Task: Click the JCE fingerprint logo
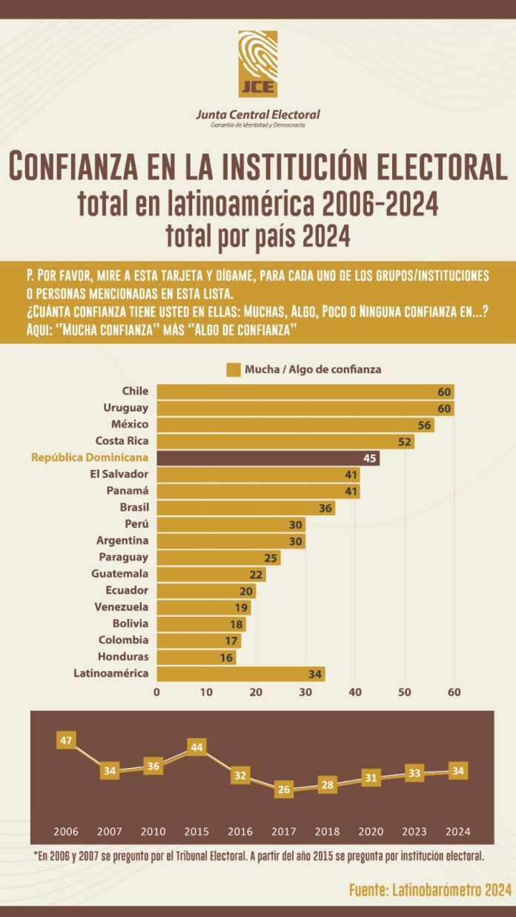pyautogui.click(x=258, y=64)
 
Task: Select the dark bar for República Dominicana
pyautogui.click(x=268, y=457)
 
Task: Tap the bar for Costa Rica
pyautogui.click(x=285, y=441)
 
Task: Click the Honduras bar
pyautogui.click(x=196, y=657)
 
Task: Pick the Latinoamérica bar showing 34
pyautogui.click(x=240, y=673)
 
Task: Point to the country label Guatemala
pyautogui.click(x=119, y=573)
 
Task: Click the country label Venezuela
pyautogui.click(x=122, y=606)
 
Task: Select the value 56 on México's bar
pyautogui.click(x=424, y=424)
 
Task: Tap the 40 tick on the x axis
pyautogui.click(x=355, y=692)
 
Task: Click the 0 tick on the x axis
pyautogui.click(x=156, y=692)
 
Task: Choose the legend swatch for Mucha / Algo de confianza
pyautogui.click(x=234, y=369)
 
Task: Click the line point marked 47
pyautogui.click(x=66, y=740)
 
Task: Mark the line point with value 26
pyautogui.click(x=283, y=789)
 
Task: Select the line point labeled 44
pyautogui.click(x=196, y=747)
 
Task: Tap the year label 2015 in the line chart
pyautogui.click(x=196, y=831)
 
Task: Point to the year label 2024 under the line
pyautogui.click(x=457, y=831)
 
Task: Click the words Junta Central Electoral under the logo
pyautogui.click(x=257, y=115)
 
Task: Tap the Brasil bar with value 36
pyautogui.click(x=245, y=508)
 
